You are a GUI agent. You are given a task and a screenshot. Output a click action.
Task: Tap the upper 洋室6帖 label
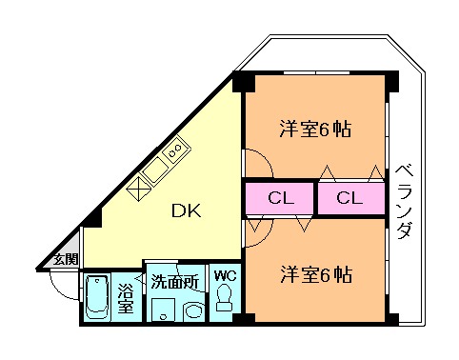315,128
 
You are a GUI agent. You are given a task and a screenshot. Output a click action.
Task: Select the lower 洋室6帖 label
315,275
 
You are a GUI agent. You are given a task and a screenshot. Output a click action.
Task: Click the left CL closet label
279,199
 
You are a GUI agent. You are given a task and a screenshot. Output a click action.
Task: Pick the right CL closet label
349,199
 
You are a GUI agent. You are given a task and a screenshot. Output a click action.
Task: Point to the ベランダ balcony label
404,202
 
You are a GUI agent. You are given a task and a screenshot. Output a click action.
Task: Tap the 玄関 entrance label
64,259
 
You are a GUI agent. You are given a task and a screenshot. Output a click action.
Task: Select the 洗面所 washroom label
174,282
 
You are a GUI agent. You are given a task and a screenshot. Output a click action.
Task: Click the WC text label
225,277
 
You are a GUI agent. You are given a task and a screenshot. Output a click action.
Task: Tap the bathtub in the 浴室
97,299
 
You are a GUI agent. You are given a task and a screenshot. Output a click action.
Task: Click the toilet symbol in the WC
226,301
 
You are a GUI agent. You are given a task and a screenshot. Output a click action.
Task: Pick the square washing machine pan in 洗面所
163,310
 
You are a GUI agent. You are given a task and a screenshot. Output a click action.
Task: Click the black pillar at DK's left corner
90,222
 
